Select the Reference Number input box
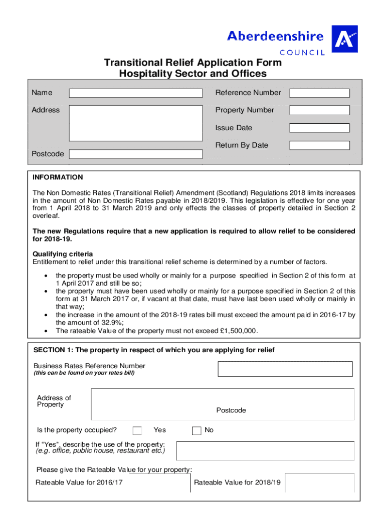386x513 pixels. (x=319, y=93)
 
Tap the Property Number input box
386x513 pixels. (x=319, y=110)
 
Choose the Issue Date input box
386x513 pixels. (x=319, y=128)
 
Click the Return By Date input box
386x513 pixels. (x=319, y=145)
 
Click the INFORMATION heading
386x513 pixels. (x=58, y=177)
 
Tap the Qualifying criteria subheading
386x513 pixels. (x=63, y=254)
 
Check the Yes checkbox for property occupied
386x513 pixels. (x=137, y=430)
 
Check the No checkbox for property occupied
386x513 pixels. (x=197, y=430)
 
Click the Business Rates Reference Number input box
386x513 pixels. (x=285, y=369)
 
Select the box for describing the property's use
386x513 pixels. (x=265, y=450)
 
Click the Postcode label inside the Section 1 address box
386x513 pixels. (x=231, y=410)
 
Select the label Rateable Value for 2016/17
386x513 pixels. (x=79, y=482)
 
